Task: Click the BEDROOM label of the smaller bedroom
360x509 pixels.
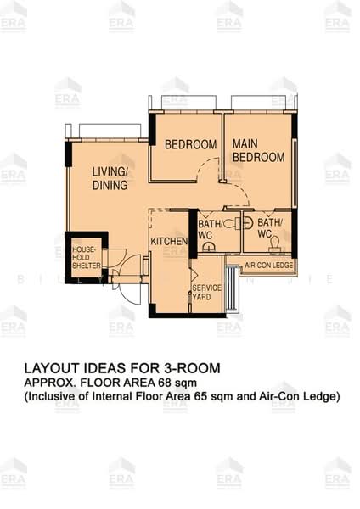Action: point(191,144)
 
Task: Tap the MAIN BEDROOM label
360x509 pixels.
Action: point(259,150)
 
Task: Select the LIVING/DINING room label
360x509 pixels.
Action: point(110,178)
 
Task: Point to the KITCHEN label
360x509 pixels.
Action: point(169,241)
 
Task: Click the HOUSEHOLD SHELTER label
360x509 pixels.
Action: point(87,257)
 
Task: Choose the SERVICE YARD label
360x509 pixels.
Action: point(206,292)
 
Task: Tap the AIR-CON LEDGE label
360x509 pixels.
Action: point(268,266)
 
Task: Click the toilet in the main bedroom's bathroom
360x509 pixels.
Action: point(274,243)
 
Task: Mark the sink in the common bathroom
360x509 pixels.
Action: point(209,246)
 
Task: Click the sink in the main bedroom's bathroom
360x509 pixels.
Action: point(248,223)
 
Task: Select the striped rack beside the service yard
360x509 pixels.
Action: point(233,289)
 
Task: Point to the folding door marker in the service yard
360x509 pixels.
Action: point(194,275)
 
